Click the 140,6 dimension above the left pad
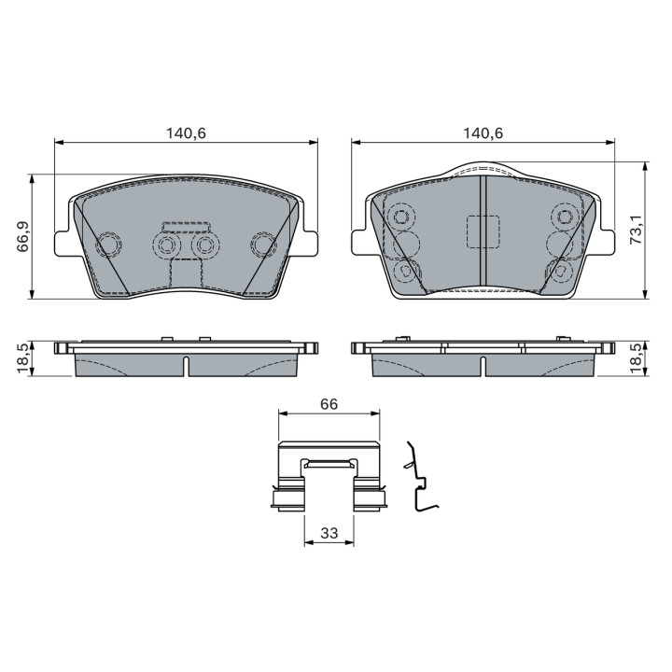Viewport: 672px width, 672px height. [186, 133]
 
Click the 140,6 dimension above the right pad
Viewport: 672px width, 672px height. [483, 133]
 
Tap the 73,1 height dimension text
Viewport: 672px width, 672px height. [636, 230]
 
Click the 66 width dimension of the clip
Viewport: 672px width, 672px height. [329, 404]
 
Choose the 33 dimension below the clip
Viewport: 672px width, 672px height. [329, 534]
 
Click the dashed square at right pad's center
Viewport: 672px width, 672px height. [483, 231]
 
